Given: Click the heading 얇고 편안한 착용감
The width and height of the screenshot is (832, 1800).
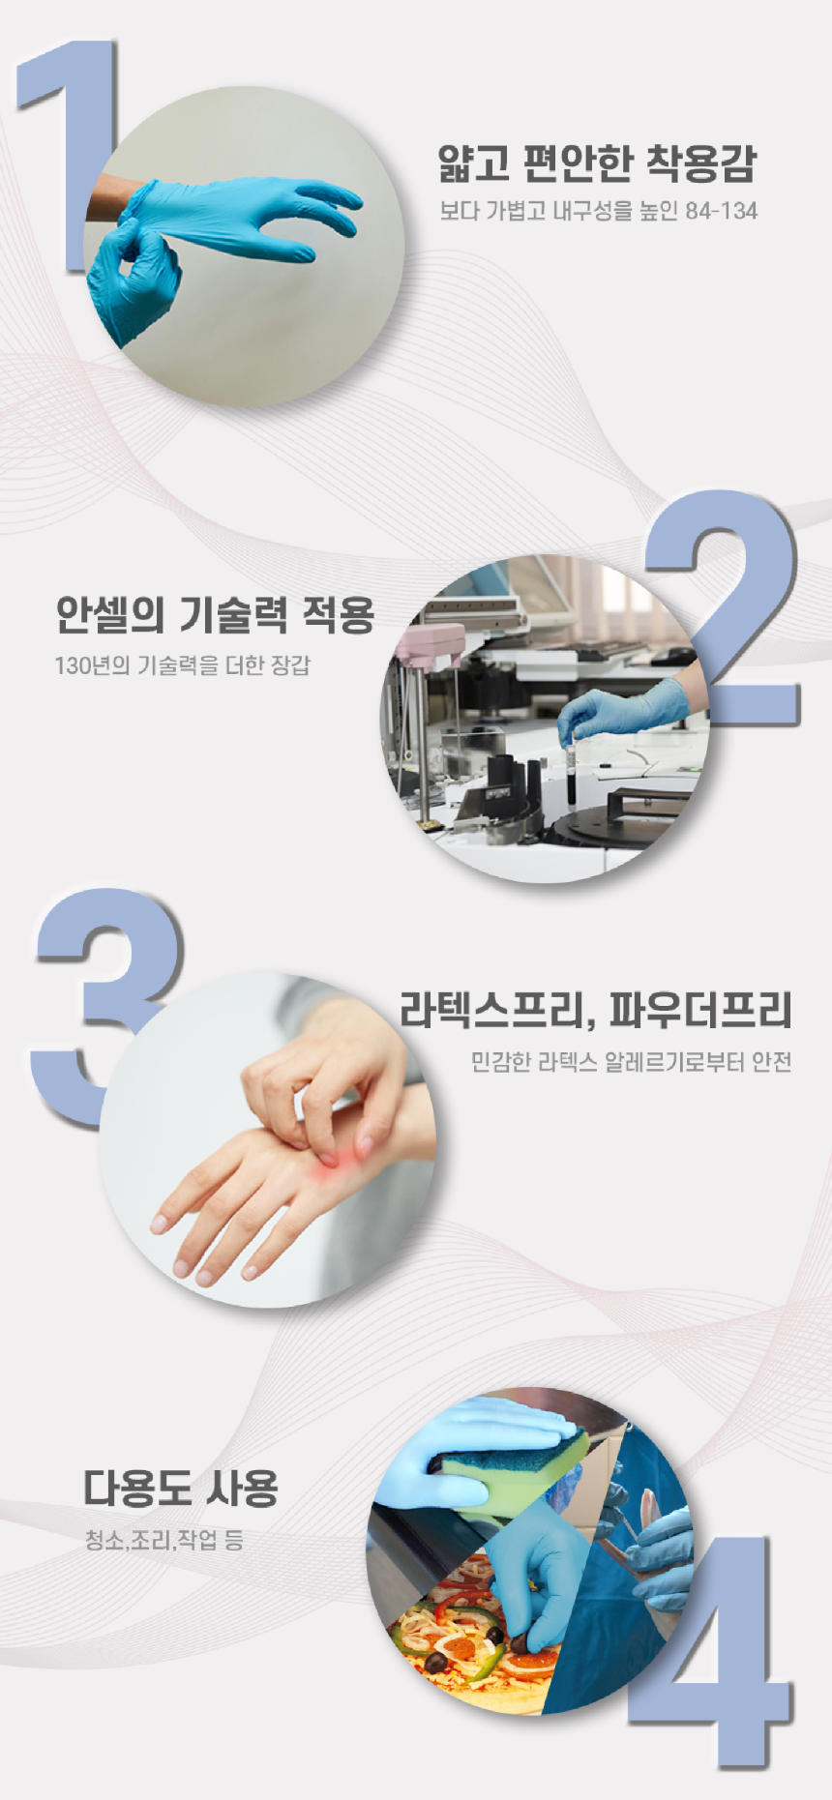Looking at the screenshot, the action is click(x=597, y=162).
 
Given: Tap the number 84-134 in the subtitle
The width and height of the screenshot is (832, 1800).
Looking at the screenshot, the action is click(x=721, y=211).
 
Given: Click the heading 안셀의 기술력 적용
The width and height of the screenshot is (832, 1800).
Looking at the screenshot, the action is click(x=215, y=614).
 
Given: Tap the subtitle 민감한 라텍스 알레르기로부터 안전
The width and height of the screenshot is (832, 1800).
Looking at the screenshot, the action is click(x=631, y=1062).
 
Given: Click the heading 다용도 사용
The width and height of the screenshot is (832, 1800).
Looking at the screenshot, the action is click(x=181, y=1488).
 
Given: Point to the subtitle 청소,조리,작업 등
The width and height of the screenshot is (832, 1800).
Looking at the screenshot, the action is click(x=164, y=1539).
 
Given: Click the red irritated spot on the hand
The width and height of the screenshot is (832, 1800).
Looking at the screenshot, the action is click(x=329, y=1161).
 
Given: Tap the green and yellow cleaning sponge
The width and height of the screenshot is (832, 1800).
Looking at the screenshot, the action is click(x=508, y=1467).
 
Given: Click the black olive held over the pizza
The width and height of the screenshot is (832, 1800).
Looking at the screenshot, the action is click(x=522, y=1641).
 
